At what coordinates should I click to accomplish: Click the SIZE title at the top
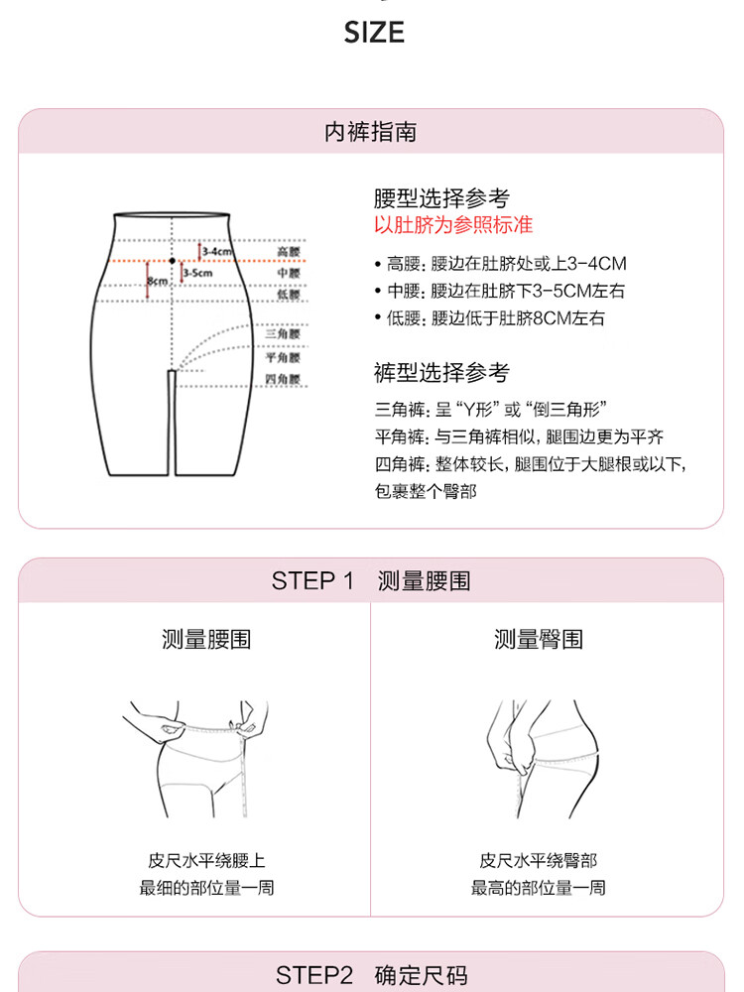[374, 33]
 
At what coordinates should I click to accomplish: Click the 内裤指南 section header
[371, 132]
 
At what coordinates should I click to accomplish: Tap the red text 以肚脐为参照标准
[453, 224]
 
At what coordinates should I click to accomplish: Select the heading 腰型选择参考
[441, 198]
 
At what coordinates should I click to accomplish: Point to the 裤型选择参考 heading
[441, 373]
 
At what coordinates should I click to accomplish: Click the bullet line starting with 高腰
[500, 263]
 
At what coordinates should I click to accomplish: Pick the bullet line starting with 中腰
[500, 291]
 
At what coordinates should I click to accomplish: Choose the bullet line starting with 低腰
[490, 317]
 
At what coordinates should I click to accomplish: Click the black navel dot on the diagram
[172, 261]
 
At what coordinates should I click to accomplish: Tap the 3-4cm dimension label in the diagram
[217, 252]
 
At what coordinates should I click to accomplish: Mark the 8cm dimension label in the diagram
[158, 281]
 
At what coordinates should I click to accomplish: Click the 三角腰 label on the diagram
[283, 334]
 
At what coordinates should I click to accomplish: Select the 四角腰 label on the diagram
[283, 379]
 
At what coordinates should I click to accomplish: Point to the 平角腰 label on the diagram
[283, 357]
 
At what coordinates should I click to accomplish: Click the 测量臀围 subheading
[539, 639]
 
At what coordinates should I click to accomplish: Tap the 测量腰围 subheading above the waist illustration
[206, 639]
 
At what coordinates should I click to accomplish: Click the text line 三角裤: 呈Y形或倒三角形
[491, 410]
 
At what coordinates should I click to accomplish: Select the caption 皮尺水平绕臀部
[539, 860]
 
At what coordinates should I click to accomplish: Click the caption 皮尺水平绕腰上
[207, 860]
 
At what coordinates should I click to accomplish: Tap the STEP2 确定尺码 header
[371, 975]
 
